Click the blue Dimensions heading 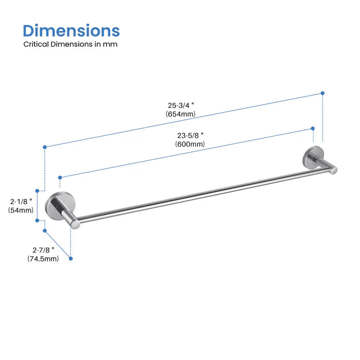[x=71, y=30]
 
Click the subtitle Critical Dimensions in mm [x=70, y=44]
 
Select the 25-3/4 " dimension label [x=180, y=105]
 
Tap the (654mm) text [x=180, y=114]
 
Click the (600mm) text [x=190, y=144]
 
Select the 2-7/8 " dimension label [x=43, y=250]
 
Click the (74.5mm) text [x=43, y=259]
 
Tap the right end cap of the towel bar [x=333, y=170]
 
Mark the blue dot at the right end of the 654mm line [x=322, y=93]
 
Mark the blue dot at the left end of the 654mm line [x=45, y=147]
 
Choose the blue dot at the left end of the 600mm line [x=60, y=177]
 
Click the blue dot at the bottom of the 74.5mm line [x=70, y=259]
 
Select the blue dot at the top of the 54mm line [x=37, y=189]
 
